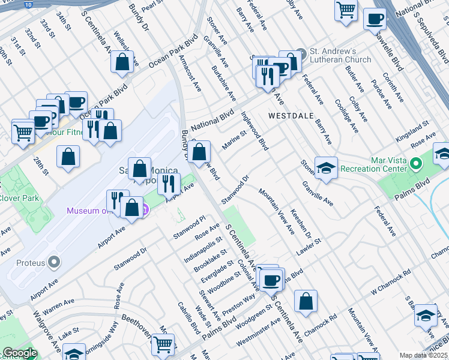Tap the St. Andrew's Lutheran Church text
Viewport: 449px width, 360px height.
pos(340,55)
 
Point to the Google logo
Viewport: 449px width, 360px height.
pos(19,353)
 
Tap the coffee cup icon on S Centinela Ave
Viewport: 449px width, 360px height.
pos(272,279)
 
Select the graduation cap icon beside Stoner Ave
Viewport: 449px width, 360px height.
pos(326,169)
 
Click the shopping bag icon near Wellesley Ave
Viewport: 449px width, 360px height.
pos(122,62)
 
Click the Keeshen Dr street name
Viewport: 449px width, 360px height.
pos(299,221)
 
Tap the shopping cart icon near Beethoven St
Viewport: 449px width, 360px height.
pos(163,344)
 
